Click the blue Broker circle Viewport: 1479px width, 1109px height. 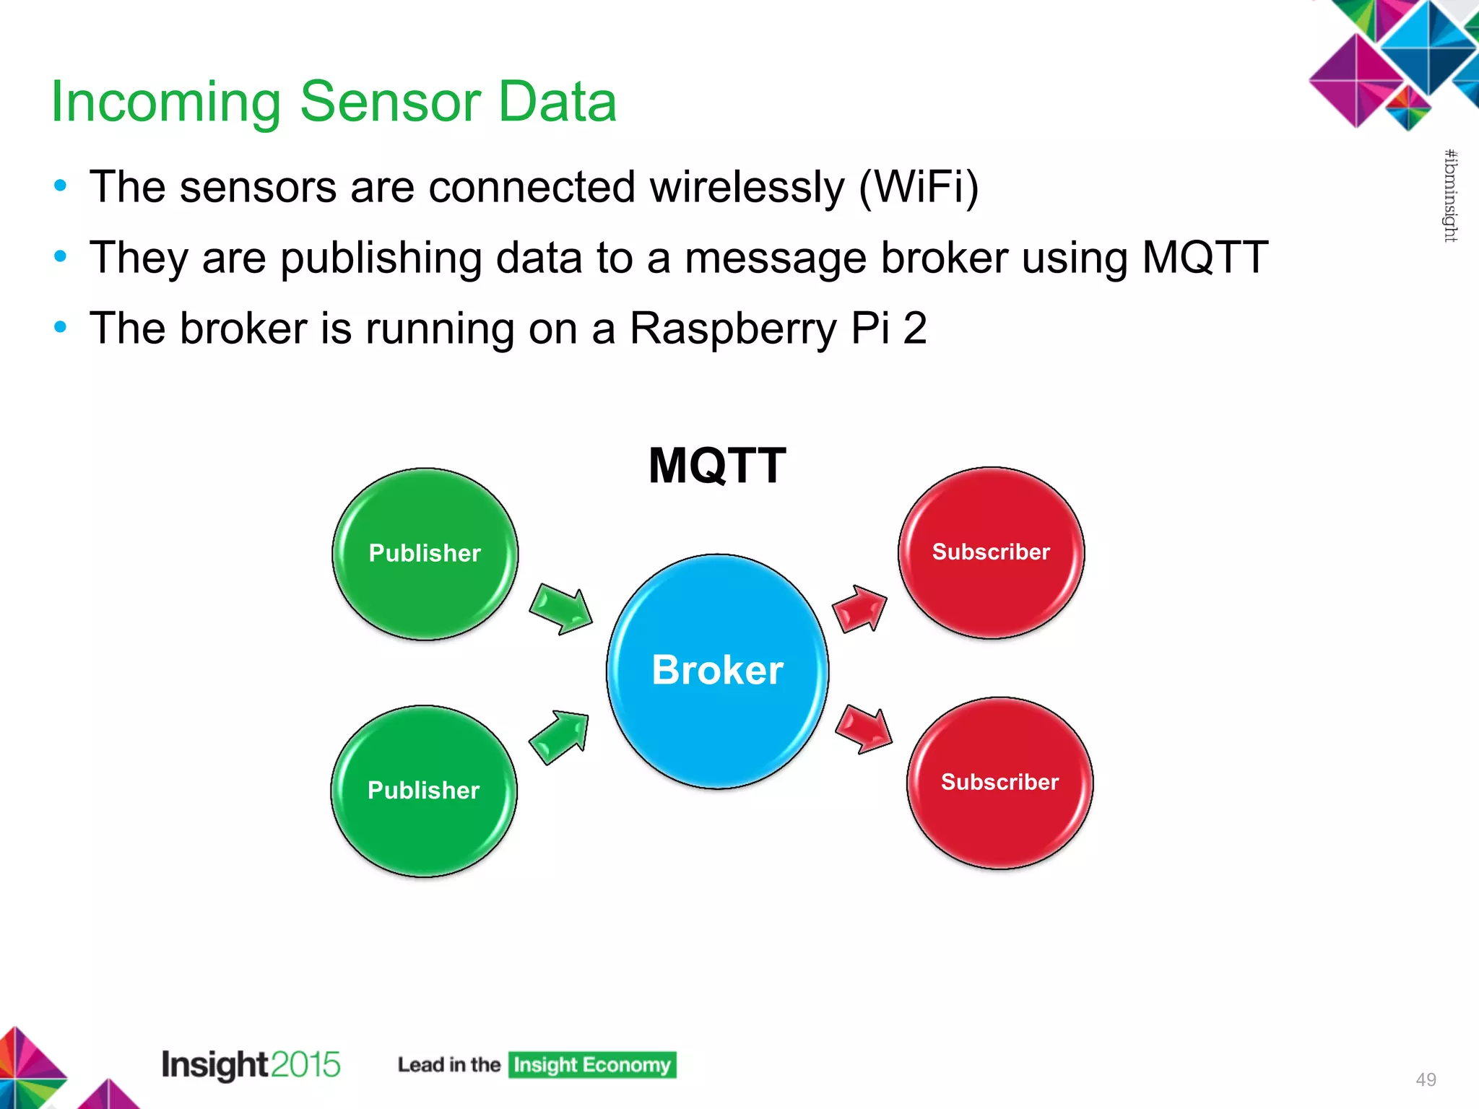pos(717,671)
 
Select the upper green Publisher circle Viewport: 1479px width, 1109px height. pos(425,554)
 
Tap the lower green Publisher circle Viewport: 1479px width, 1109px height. pos(424,791)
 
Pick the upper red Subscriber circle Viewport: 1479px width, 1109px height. pos(991,552)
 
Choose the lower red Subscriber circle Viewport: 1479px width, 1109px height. pos(999,783)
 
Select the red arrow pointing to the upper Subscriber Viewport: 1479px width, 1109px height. pos(859,608)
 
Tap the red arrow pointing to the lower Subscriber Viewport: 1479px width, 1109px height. pos(864,731)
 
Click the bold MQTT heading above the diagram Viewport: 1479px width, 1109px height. pos(717,466)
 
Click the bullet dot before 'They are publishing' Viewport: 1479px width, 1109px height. pos(61,256)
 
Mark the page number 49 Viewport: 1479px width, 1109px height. pos(1426,1079)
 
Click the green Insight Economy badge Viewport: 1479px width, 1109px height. pos(592,1065)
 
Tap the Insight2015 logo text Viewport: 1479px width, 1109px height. pos(251,1065)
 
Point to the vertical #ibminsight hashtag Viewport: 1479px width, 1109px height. pos(1450,196)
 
